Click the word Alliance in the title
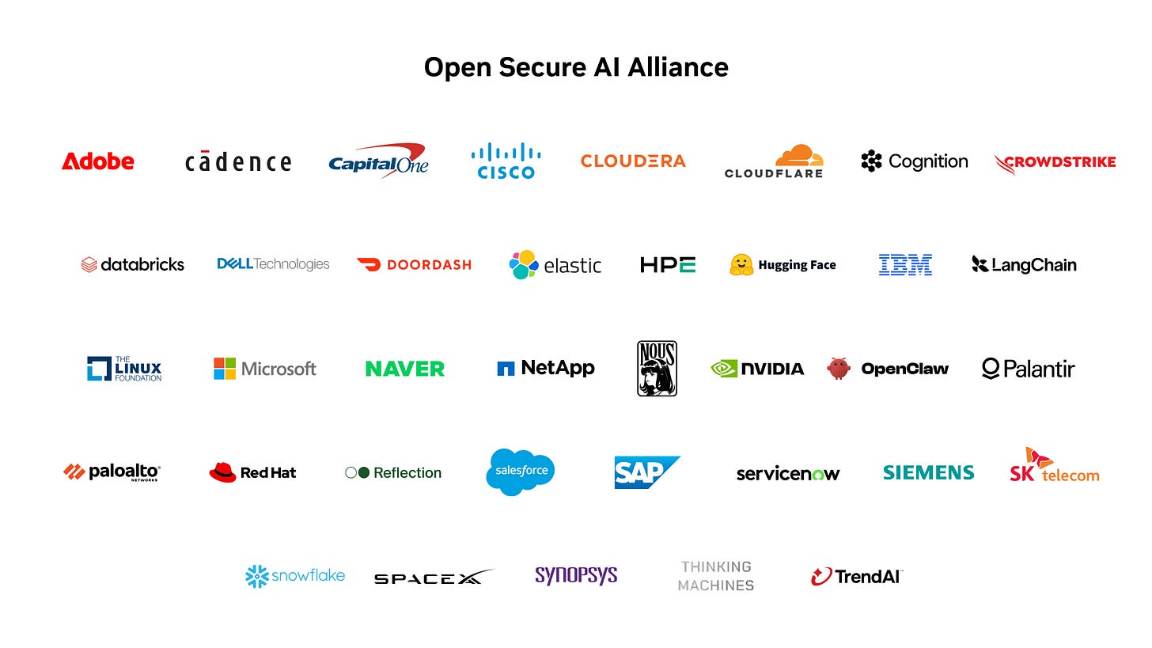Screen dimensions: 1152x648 [678, 67]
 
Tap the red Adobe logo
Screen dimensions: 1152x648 [98, 161]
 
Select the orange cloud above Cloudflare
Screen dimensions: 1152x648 [799, 155]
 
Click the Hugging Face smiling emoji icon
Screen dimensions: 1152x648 [741, 265]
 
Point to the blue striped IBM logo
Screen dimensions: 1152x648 [905, 265]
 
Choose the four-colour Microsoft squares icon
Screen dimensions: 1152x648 [225, 369]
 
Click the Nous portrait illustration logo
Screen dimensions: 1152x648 [657, 368]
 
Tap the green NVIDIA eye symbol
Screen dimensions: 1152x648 [724, 369]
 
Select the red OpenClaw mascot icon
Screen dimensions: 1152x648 [839, 368]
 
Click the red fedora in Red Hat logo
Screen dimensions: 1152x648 [222, 472]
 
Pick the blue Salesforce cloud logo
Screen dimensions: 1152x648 [521, 472]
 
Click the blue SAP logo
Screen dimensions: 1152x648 [647, 472]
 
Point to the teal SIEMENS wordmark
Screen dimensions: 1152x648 [928, 472]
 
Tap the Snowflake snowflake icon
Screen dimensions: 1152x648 [256, 576]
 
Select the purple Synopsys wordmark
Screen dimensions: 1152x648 [576, 576]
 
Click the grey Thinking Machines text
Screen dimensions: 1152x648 [716, 576]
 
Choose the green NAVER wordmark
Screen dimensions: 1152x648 [405, 369]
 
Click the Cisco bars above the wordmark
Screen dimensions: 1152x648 [506, 152]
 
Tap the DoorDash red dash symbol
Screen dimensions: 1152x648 [369, 264]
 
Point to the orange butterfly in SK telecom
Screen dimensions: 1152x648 [1038, 457]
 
